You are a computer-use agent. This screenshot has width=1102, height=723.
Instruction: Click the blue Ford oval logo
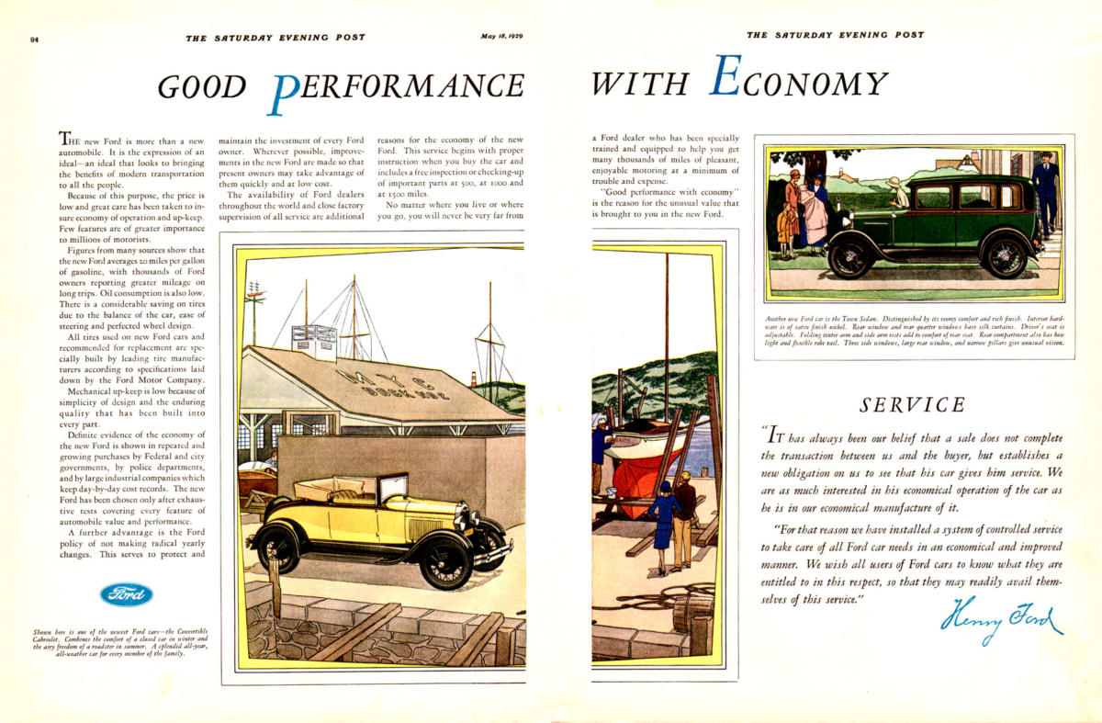point(127,594)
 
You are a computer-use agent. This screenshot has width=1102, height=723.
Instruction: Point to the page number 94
point(34,39)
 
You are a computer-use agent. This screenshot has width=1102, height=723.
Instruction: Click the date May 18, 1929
point(500,37)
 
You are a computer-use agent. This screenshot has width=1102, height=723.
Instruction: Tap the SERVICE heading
point(912,404)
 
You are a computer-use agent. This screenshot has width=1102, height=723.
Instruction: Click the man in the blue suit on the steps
point(1044,193)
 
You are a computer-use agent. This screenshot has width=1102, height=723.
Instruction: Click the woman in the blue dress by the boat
point(663,525)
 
